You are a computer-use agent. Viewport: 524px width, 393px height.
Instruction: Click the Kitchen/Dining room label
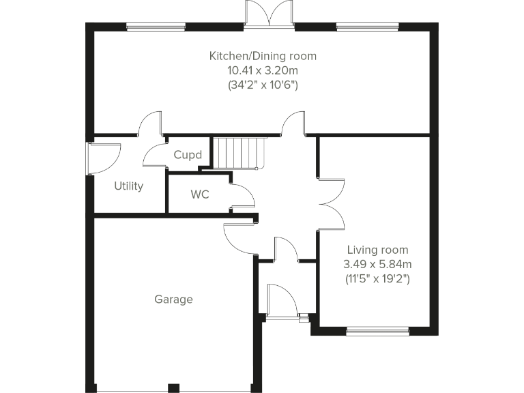tap(263, 56)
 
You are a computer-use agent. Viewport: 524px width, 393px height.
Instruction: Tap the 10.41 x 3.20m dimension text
tap(263, 70)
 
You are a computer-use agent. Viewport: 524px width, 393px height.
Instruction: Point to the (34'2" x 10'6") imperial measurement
tap(263, 85)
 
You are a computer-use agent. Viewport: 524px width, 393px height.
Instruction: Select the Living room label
tap(377, 250)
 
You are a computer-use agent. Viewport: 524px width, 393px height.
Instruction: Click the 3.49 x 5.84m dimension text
tap(377, 264)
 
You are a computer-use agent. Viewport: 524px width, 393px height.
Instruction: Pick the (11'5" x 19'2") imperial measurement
tap(377, 278)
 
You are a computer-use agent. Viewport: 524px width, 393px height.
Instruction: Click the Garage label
tap(173, 300)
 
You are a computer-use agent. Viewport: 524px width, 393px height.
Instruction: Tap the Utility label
tap(128, 186)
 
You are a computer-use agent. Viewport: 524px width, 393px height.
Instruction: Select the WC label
tap(199, 194)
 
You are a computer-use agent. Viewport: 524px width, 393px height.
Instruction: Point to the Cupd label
tap(188, 155)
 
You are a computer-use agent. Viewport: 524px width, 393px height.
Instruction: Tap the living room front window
tap(377, 332)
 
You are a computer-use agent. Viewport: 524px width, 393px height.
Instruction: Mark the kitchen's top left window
tap(156, 27)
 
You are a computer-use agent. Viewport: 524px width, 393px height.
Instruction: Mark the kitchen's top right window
tap(366, 27)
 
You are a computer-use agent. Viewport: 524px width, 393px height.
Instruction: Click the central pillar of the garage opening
tap(174, 388)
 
